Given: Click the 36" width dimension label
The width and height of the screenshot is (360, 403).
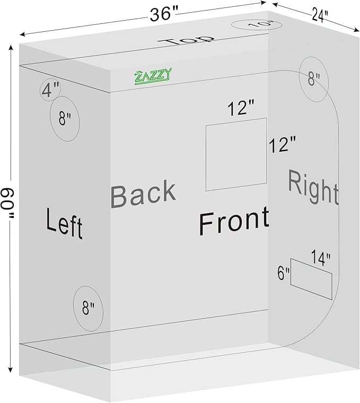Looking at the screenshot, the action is (164, 14).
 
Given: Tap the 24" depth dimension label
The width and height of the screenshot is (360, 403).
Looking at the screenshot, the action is (320, 15).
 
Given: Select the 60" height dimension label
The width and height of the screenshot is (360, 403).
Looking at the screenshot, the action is (9, 204).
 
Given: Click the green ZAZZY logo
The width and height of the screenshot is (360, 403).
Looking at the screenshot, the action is (153, 76).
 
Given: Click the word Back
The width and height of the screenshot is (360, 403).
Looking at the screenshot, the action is (143, 194).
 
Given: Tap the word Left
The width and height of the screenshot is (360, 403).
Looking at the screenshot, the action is (64, 223).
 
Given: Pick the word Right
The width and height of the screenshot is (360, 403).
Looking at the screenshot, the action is (313, 187).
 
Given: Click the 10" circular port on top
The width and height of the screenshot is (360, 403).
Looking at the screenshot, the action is (257, 25).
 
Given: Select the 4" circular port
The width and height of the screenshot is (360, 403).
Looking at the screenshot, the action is (50, 90).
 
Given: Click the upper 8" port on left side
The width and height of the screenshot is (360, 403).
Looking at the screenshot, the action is (65, 119).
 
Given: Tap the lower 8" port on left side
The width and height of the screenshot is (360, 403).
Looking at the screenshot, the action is (88, 309).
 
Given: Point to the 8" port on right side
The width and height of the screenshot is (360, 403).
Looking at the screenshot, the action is (314, 79).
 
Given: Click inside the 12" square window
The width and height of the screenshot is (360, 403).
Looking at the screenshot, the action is (236, 154).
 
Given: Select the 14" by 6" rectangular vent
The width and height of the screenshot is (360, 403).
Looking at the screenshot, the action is (311, 279).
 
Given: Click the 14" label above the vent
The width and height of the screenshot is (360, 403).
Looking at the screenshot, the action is (321, 258).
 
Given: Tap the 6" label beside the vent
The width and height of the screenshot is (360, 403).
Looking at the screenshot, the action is (284, 273).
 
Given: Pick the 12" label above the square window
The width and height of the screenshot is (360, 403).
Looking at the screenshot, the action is (241, 108).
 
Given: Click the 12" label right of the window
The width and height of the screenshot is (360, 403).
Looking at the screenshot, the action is (283, 144).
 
